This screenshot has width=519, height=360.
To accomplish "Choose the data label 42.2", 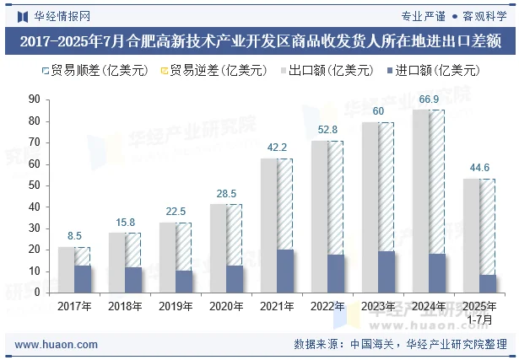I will pyautogui.click(x=277, y=148).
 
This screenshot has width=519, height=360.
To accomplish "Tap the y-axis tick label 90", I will pyautogui.click(x=34, y=99).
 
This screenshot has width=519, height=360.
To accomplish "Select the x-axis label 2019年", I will pyautogui.click(x=176, y=306).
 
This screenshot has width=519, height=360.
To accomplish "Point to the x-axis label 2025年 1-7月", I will pyautogui.click(x=479, y=312).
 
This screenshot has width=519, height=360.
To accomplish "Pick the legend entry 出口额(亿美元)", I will pyautogui.click(x=325, y=71).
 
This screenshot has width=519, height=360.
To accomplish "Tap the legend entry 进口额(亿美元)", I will pyautogui.click(x=431, y=71).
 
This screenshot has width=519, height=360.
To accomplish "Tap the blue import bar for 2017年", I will pyautogui.click(x=83, y=279).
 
